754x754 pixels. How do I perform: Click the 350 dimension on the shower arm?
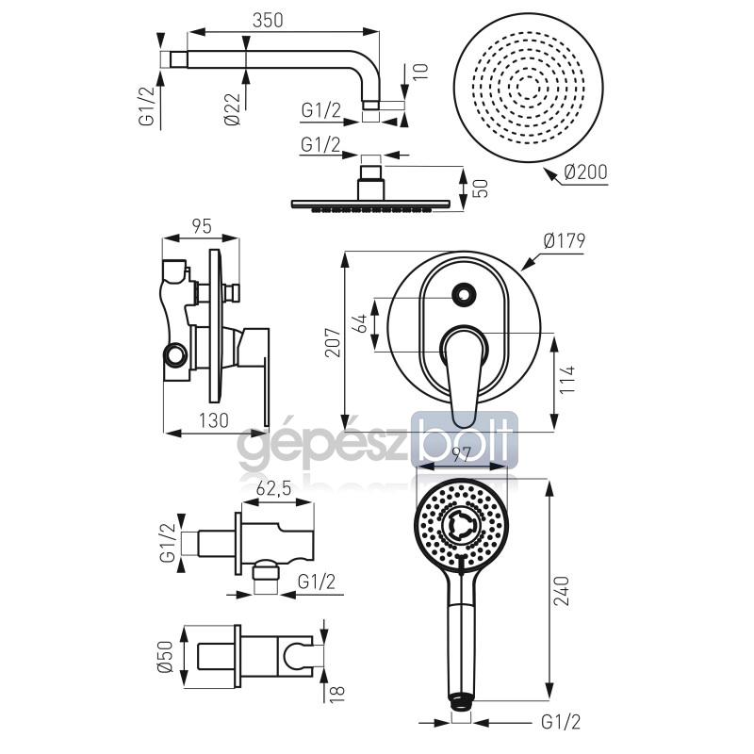(x=268, y=20)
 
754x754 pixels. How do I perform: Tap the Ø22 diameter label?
(x=233, y=108)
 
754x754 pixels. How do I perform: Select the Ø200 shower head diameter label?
(x=585, y=172)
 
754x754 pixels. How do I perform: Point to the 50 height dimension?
(x=481, y=188)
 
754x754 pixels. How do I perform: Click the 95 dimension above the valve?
(x=201, y=226)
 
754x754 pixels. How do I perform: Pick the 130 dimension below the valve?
(x=214, y=420)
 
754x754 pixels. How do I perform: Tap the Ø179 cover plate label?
(x=564, y=240)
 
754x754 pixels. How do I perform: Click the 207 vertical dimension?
(x=333, y=342)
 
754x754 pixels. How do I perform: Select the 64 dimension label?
(x=360, y=322)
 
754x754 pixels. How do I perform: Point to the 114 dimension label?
(x=567, y=379)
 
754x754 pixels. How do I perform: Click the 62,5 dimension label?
(x=273, y=488)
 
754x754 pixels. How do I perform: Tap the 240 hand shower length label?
(x=561, y=591)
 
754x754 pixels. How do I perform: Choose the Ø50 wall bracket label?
(x=166, y=656)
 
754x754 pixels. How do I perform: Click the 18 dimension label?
(x=337, y=695)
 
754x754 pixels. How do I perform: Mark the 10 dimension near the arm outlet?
(x=420, y=71)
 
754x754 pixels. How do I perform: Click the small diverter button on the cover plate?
(x=465, y=293)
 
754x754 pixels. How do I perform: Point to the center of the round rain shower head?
(x=528, y=87)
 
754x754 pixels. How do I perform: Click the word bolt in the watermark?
(x=464, y=438)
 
